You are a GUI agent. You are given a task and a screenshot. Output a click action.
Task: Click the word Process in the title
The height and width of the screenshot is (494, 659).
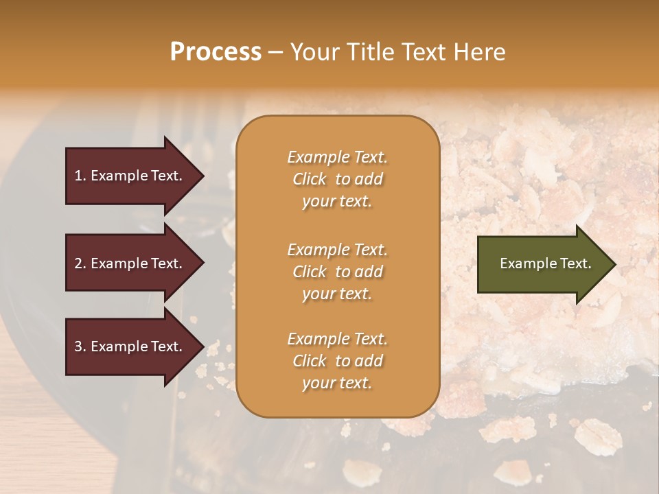point(216,51)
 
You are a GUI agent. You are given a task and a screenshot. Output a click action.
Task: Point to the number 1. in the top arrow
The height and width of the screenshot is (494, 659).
point(80,176)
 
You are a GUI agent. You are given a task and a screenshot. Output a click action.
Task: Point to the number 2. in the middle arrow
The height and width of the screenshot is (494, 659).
point(80,263)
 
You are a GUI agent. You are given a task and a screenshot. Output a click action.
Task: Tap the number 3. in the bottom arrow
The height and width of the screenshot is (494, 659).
point(80,346)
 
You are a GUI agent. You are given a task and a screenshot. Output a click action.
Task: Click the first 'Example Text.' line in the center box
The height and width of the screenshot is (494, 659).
point(337,157)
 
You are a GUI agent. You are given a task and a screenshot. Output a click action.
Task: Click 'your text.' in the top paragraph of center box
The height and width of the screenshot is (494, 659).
point(337,202)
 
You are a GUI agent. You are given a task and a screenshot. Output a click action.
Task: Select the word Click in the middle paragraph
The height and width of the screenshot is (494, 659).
point(309,272)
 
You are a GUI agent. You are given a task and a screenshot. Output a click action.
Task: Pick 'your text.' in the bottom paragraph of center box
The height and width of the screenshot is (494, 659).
point(337,384)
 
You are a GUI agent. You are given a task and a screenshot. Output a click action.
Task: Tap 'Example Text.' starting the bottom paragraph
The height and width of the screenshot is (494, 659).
point(337,339)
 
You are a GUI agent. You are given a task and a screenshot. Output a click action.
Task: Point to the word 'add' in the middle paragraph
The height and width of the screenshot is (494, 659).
point(369,272)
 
